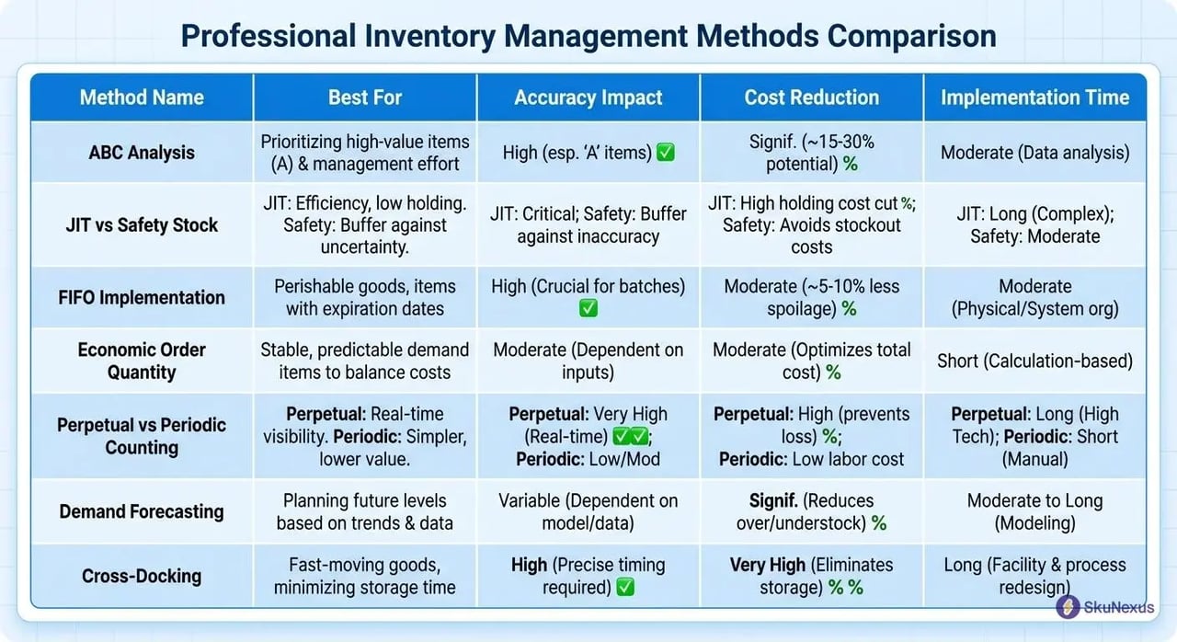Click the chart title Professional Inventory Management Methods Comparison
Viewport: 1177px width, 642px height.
(x=588, y=35)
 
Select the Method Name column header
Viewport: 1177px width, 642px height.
(x=142, y=97)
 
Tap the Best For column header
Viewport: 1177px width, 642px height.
(x=365, y=97)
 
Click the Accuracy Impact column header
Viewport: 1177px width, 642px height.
(x=588, y=97)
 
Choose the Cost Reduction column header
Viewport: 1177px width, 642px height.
(x=811, y=97)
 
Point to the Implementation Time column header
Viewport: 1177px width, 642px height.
(x=1034, y=97)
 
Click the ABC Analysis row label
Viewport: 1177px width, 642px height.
(x=142, y=153)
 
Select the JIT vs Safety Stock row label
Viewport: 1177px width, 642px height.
(x=142, y=224)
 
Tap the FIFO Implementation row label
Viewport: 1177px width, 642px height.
(x=142, y=297)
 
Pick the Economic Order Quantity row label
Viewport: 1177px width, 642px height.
(x=142, y=361)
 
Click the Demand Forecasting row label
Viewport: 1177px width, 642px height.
(x=142, y=511)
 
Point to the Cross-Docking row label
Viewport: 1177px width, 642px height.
(x=142, y=576)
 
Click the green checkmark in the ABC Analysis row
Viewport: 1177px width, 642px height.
(x=665, y=153)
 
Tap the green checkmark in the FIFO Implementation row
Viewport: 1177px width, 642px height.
(x=588, y=309)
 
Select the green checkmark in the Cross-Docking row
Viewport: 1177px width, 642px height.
(x=625, y=588)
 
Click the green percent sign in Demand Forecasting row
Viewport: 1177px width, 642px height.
(x=879, y=523)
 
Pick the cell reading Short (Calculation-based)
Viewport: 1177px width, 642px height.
(x=1034, y=361)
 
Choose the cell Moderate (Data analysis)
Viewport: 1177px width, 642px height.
(x=1034, y=153)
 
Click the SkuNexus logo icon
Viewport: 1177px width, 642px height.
(x=1068, y=607)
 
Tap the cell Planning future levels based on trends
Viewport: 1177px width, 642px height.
(x=365, y=511)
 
